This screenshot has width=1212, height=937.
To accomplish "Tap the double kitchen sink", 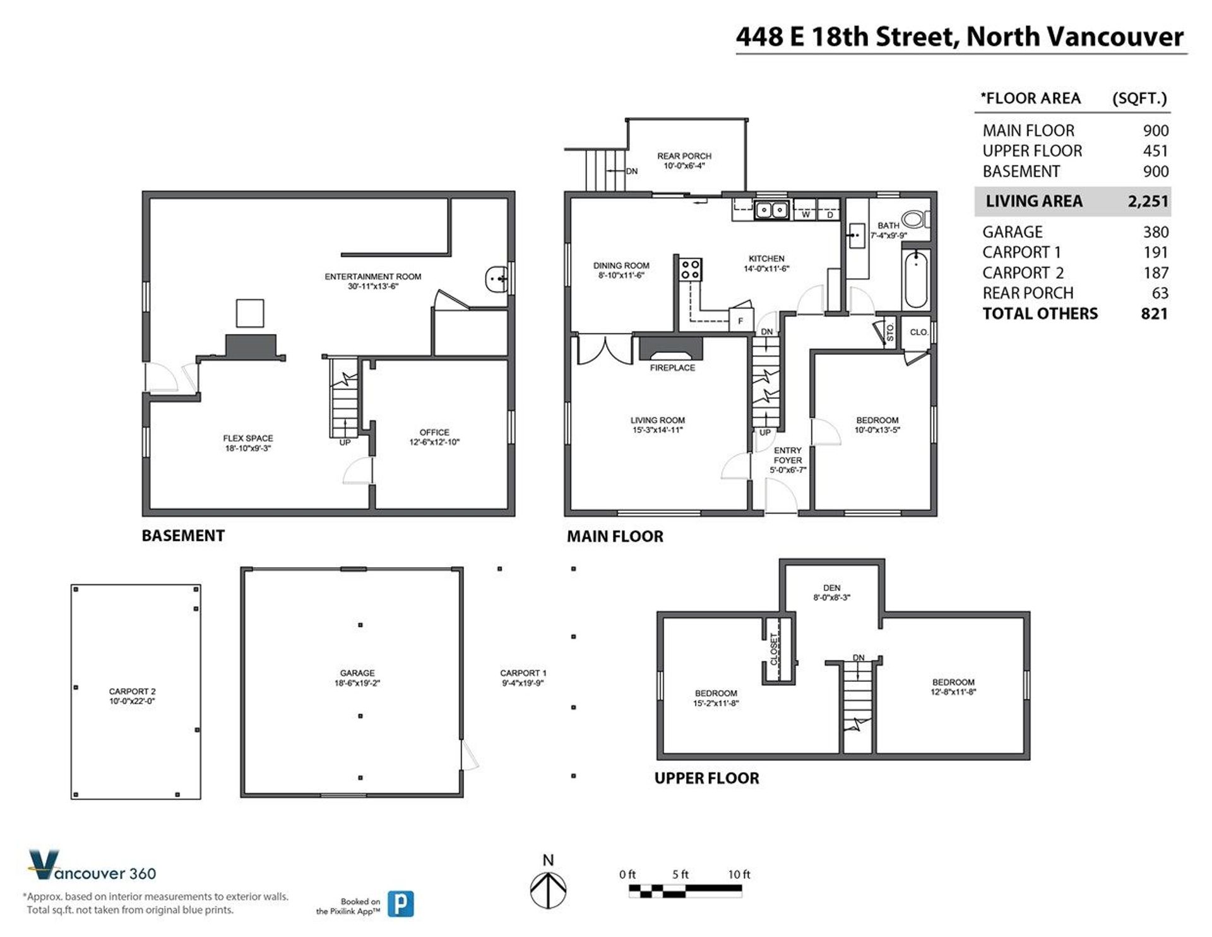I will (x=771, y=209).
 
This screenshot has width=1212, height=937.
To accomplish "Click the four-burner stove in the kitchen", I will (x=690, y=270).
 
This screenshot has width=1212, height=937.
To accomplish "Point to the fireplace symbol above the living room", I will (x=671, y=349).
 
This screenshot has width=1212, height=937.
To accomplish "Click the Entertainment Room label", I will (x=372, y=281).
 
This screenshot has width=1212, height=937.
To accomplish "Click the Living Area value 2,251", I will (x=1148, y=201).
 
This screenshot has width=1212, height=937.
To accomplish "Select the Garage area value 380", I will (x=1155, y=232).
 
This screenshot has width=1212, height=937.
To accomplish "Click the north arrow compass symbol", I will (x=548, y=890).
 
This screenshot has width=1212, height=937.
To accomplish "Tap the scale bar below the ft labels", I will (x=685, y=892).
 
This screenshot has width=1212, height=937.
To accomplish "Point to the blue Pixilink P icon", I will (x=400, y=904).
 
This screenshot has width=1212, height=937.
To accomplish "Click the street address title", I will (x=959, y=37).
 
